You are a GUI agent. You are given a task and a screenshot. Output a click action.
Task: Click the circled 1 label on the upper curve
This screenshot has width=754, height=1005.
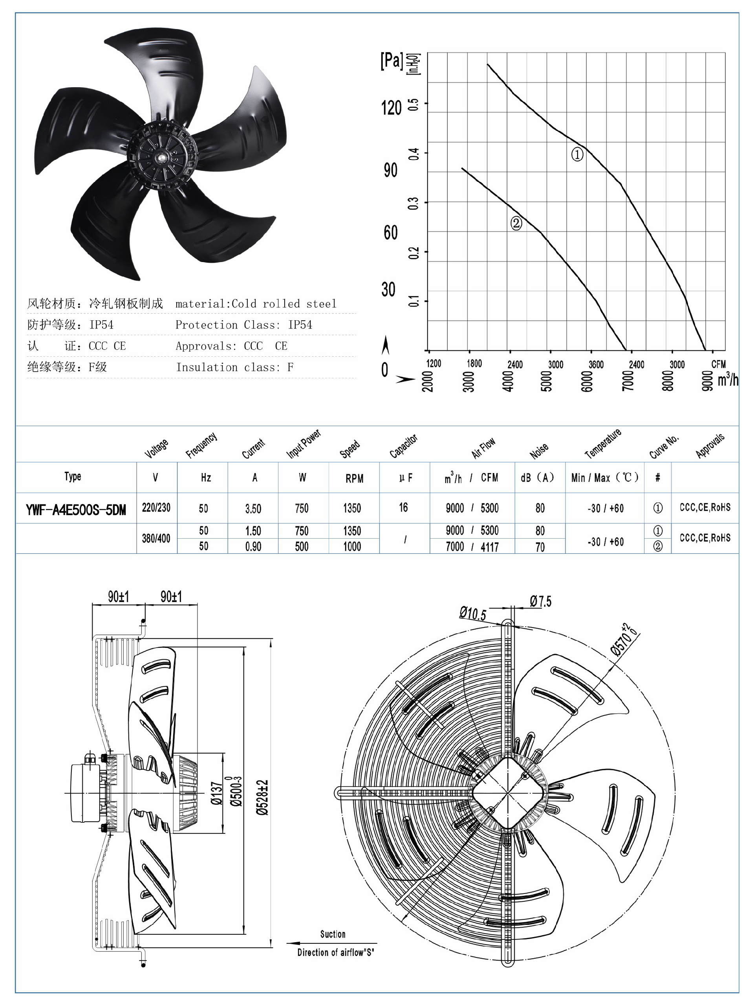click(x=577, y=154)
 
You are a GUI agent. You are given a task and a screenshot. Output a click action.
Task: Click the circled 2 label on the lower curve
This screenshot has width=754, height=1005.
click(x=516, y=223)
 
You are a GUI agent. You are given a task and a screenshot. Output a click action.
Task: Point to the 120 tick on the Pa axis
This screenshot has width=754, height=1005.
click(x=391, y=108)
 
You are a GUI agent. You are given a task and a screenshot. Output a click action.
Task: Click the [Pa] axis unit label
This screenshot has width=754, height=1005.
click(x=391, y=61)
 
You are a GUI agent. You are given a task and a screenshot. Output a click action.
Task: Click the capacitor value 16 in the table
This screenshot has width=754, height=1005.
click(x=403, y=508)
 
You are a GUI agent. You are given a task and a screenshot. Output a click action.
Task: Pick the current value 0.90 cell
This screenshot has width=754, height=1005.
click(x=253, y=547)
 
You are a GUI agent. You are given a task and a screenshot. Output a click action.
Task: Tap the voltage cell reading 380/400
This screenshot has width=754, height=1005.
click(x=156, y=538)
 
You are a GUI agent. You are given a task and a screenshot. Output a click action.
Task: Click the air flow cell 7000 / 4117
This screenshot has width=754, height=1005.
click(x=472, y=547)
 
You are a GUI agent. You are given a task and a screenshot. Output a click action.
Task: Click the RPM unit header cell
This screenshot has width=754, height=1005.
click(x=354, y=479)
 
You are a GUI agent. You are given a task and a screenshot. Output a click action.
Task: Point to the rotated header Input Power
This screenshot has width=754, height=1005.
click(x=304, y=444)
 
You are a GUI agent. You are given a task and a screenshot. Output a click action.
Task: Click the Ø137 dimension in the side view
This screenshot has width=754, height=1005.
click(x=217, y=793)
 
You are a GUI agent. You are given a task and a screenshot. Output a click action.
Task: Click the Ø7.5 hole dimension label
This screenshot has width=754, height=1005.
click(x=540, y=602)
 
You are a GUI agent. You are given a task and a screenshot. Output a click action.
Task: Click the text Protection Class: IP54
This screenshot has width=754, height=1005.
click(x=243, y=325)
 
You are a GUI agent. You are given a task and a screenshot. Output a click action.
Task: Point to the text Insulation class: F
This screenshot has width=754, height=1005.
click(x=234, y=367)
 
